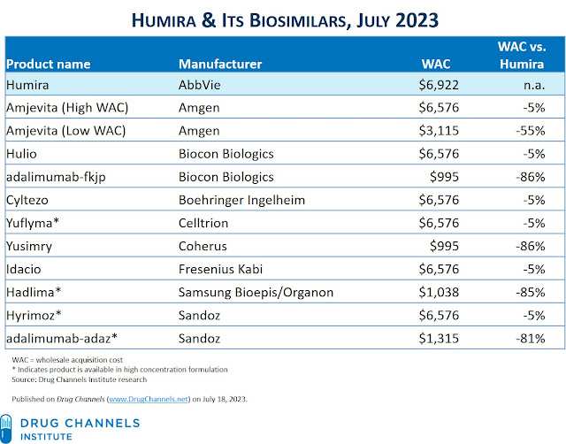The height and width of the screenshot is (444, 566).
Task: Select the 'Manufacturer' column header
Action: point(220,64)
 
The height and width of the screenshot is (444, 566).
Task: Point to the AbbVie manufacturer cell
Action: point(201,86)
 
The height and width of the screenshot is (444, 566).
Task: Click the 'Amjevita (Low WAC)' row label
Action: point(66,132)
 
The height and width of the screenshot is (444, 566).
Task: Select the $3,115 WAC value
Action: point(433,132)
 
